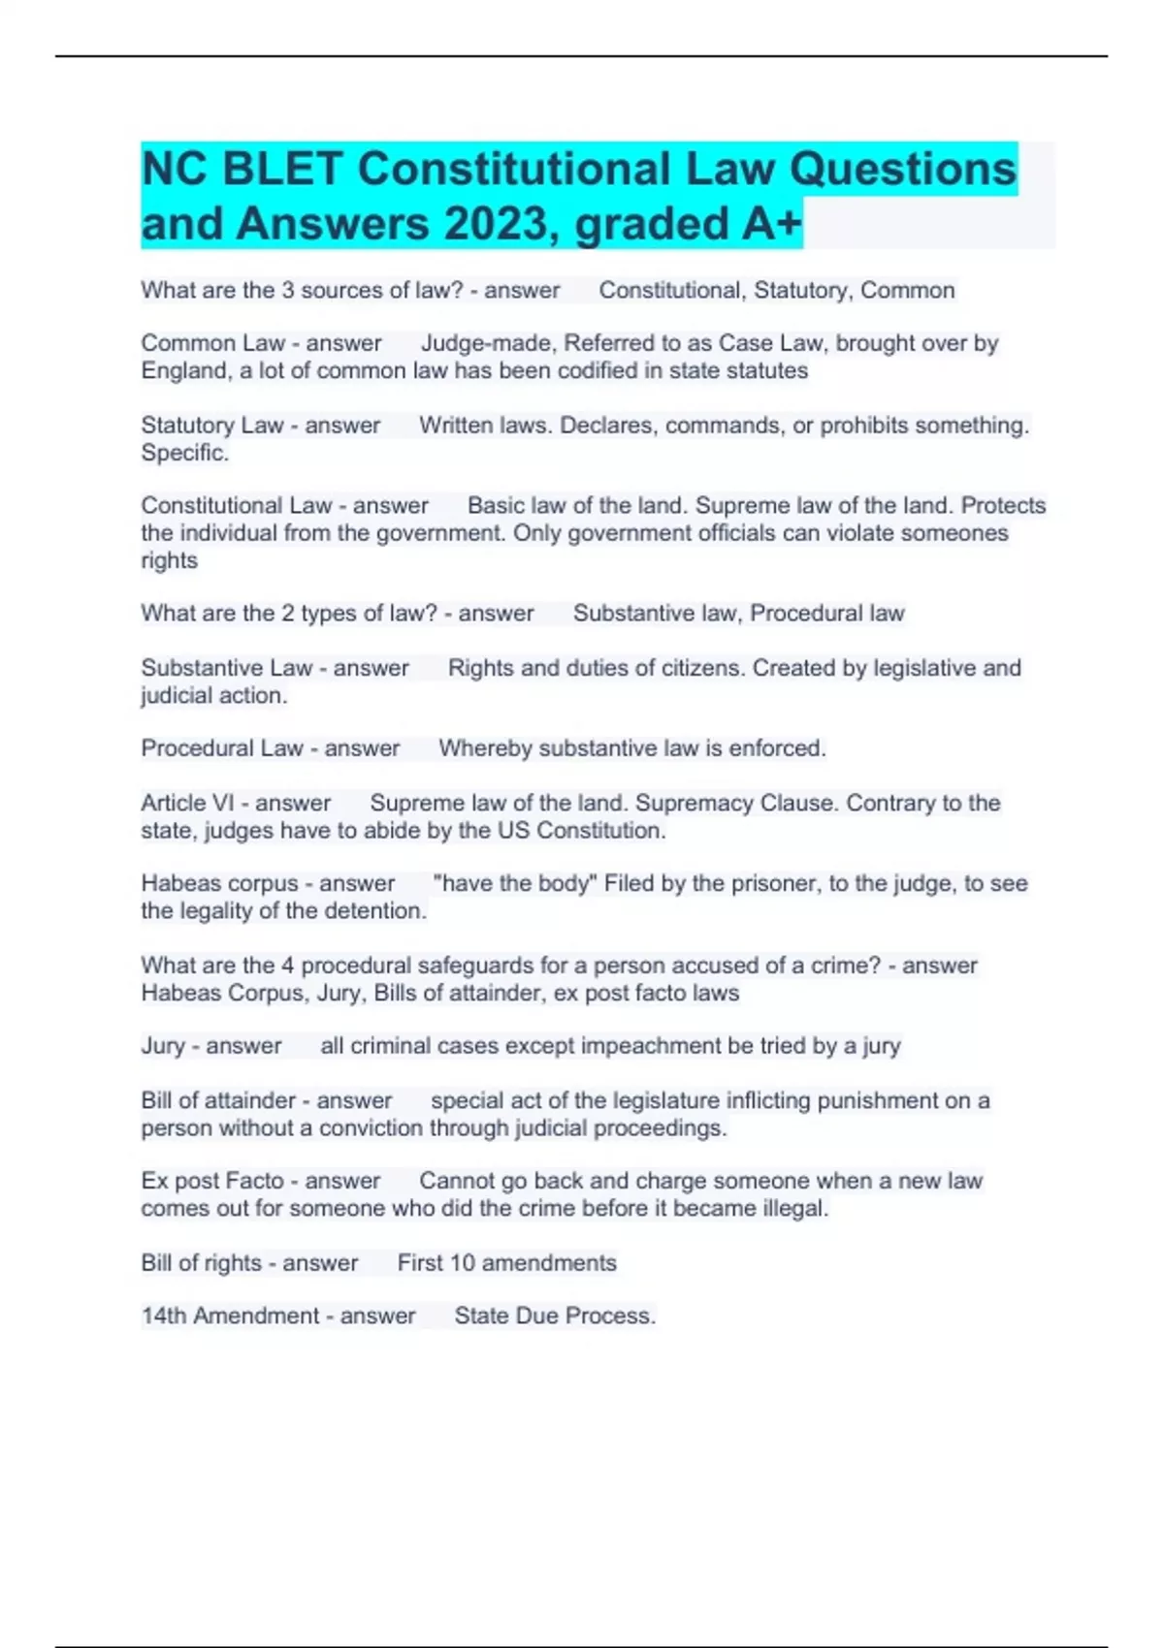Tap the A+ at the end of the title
click(x=772, y=224)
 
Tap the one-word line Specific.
click(x=184, y=453)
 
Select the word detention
click(x=375, y=911)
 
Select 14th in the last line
click(x=164, y=1315)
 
